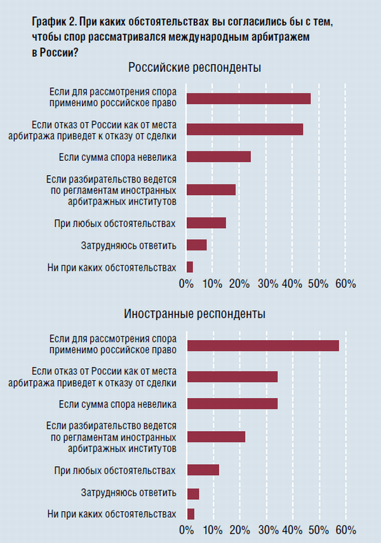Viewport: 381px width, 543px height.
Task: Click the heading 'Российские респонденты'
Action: pyautogui.click(x=195, y=67)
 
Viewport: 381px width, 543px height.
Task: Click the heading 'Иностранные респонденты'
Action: pyautogui.click(x=195, y=314)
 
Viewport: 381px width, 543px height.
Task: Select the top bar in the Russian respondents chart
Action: pyautogui.click(x=248, y=99)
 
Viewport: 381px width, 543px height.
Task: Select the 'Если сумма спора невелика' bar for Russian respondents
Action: pyautogui.click(x=218, y=157)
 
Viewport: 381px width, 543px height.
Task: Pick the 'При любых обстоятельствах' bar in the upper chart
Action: pyautogui.click(x=206, y=223)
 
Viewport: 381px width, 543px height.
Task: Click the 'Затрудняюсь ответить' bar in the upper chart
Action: pyautogui.click(x=196, y=245)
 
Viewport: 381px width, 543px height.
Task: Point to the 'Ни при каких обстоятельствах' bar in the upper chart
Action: pyautogui.click(x=189, y=267)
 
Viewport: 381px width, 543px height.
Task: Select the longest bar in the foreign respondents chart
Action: pyautogui.click(x=262, y=346)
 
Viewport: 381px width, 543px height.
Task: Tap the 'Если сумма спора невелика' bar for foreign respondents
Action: pyautogui.click(x=232, y=404)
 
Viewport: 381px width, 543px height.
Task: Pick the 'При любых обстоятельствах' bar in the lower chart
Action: pyautogui.click(x=203, y=470)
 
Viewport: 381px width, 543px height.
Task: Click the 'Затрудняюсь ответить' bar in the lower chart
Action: pyautogui.click(x=192, y=493)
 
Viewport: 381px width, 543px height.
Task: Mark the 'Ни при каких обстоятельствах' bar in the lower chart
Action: pyautogui.click(x=190, y=514)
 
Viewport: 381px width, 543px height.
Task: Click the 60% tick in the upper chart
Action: pyautogui.click(x=345, y=283)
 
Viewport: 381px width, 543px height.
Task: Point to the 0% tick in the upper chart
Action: pyautogui.click(x=186, y=283)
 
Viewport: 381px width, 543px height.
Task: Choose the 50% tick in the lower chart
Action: pyautogui.click(x=319, y=530)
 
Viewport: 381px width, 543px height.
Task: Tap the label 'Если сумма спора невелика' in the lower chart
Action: pyautogui.click(x=117, y=404)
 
